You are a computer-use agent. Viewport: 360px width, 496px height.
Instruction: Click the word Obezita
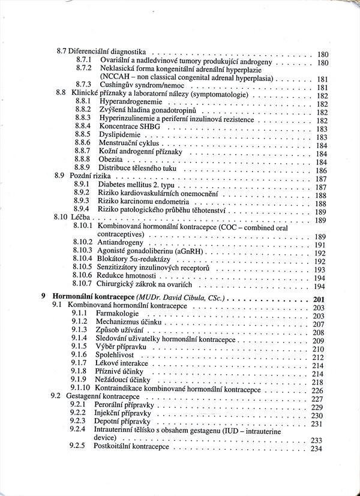click(x=111, y=161)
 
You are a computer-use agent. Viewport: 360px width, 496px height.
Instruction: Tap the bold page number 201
click(x=319, y=300)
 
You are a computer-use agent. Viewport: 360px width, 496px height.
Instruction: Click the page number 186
click(x=320, y=171)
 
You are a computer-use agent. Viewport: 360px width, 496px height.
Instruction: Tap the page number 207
click(x=318, y=324)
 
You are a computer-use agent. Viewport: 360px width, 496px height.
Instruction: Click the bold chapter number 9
click(x=43, y=297)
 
